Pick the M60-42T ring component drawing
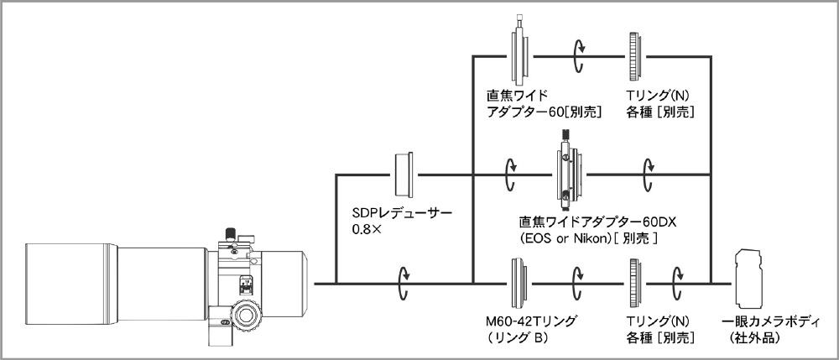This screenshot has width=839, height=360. (519, 283)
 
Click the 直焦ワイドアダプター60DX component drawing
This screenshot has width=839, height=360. (569, 174)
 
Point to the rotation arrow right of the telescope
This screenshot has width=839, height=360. (404, 283)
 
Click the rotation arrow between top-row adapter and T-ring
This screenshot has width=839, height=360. (579, 55)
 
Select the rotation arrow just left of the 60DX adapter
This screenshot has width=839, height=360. (510, 174)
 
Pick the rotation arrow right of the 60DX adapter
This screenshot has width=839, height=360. (648, 174)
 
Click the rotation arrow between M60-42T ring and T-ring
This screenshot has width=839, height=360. (578, 283)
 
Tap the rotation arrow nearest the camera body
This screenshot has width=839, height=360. (677, 283)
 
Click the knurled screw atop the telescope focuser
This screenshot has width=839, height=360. (230, 234)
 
